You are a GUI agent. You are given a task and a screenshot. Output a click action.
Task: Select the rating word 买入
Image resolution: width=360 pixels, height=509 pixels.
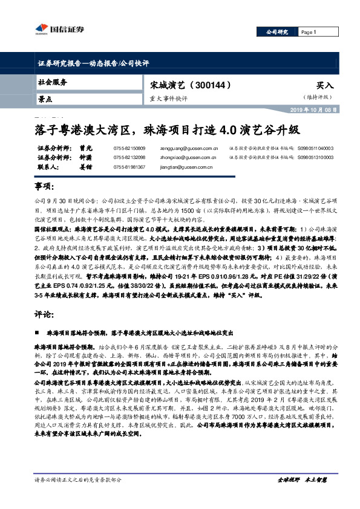(x=324, y=86)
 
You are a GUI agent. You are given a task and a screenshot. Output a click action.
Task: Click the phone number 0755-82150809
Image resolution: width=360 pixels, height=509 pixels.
(x=129, y=148)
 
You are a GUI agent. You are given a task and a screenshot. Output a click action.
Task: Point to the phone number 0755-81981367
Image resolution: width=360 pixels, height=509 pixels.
(x=129, y=166)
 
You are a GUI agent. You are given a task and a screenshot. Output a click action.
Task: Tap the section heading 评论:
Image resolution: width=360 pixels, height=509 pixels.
(x=43, y=315)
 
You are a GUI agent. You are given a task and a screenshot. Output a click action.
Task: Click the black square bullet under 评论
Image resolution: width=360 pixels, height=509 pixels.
(x=38, y=332)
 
